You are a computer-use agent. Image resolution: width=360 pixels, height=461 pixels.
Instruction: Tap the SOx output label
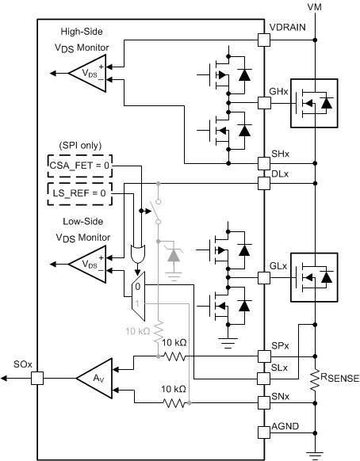[16, 365]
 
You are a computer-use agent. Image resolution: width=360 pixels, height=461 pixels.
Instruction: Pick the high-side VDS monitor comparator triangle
[86, 73]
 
